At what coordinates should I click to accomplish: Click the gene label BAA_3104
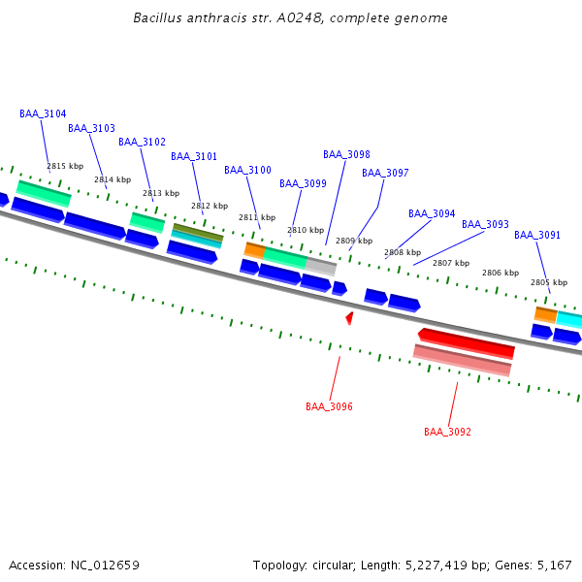(43, 113)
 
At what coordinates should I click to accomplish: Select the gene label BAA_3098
(346, 154)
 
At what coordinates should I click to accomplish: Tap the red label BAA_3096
(329, 406)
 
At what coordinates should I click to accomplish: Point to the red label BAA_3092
(447, 432)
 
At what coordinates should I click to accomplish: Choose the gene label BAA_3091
(537, 235)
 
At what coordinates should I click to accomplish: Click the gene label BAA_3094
(432, 213)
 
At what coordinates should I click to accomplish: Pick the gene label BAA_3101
(194, 156)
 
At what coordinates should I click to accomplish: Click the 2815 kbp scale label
(65, 166)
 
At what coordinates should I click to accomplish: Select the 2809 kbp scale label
(354, 241)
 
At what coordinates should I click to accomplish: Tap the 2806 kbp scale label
(501, 273)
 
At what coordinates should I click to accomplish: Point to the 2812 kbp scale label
(209, 206)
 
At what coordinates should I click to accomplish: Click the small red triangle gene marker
(349, 317)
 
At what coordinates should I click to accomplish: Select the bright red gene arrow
(466, 341)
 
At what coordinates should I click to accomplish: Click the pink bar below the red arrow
(462, 360)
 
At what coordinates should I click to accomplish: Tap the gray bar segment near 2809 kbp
(321, 266)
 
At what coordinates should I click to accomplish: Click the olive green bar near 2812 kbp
(198, 232)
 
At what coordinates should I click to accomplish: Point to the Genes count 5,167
(555, 565)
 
